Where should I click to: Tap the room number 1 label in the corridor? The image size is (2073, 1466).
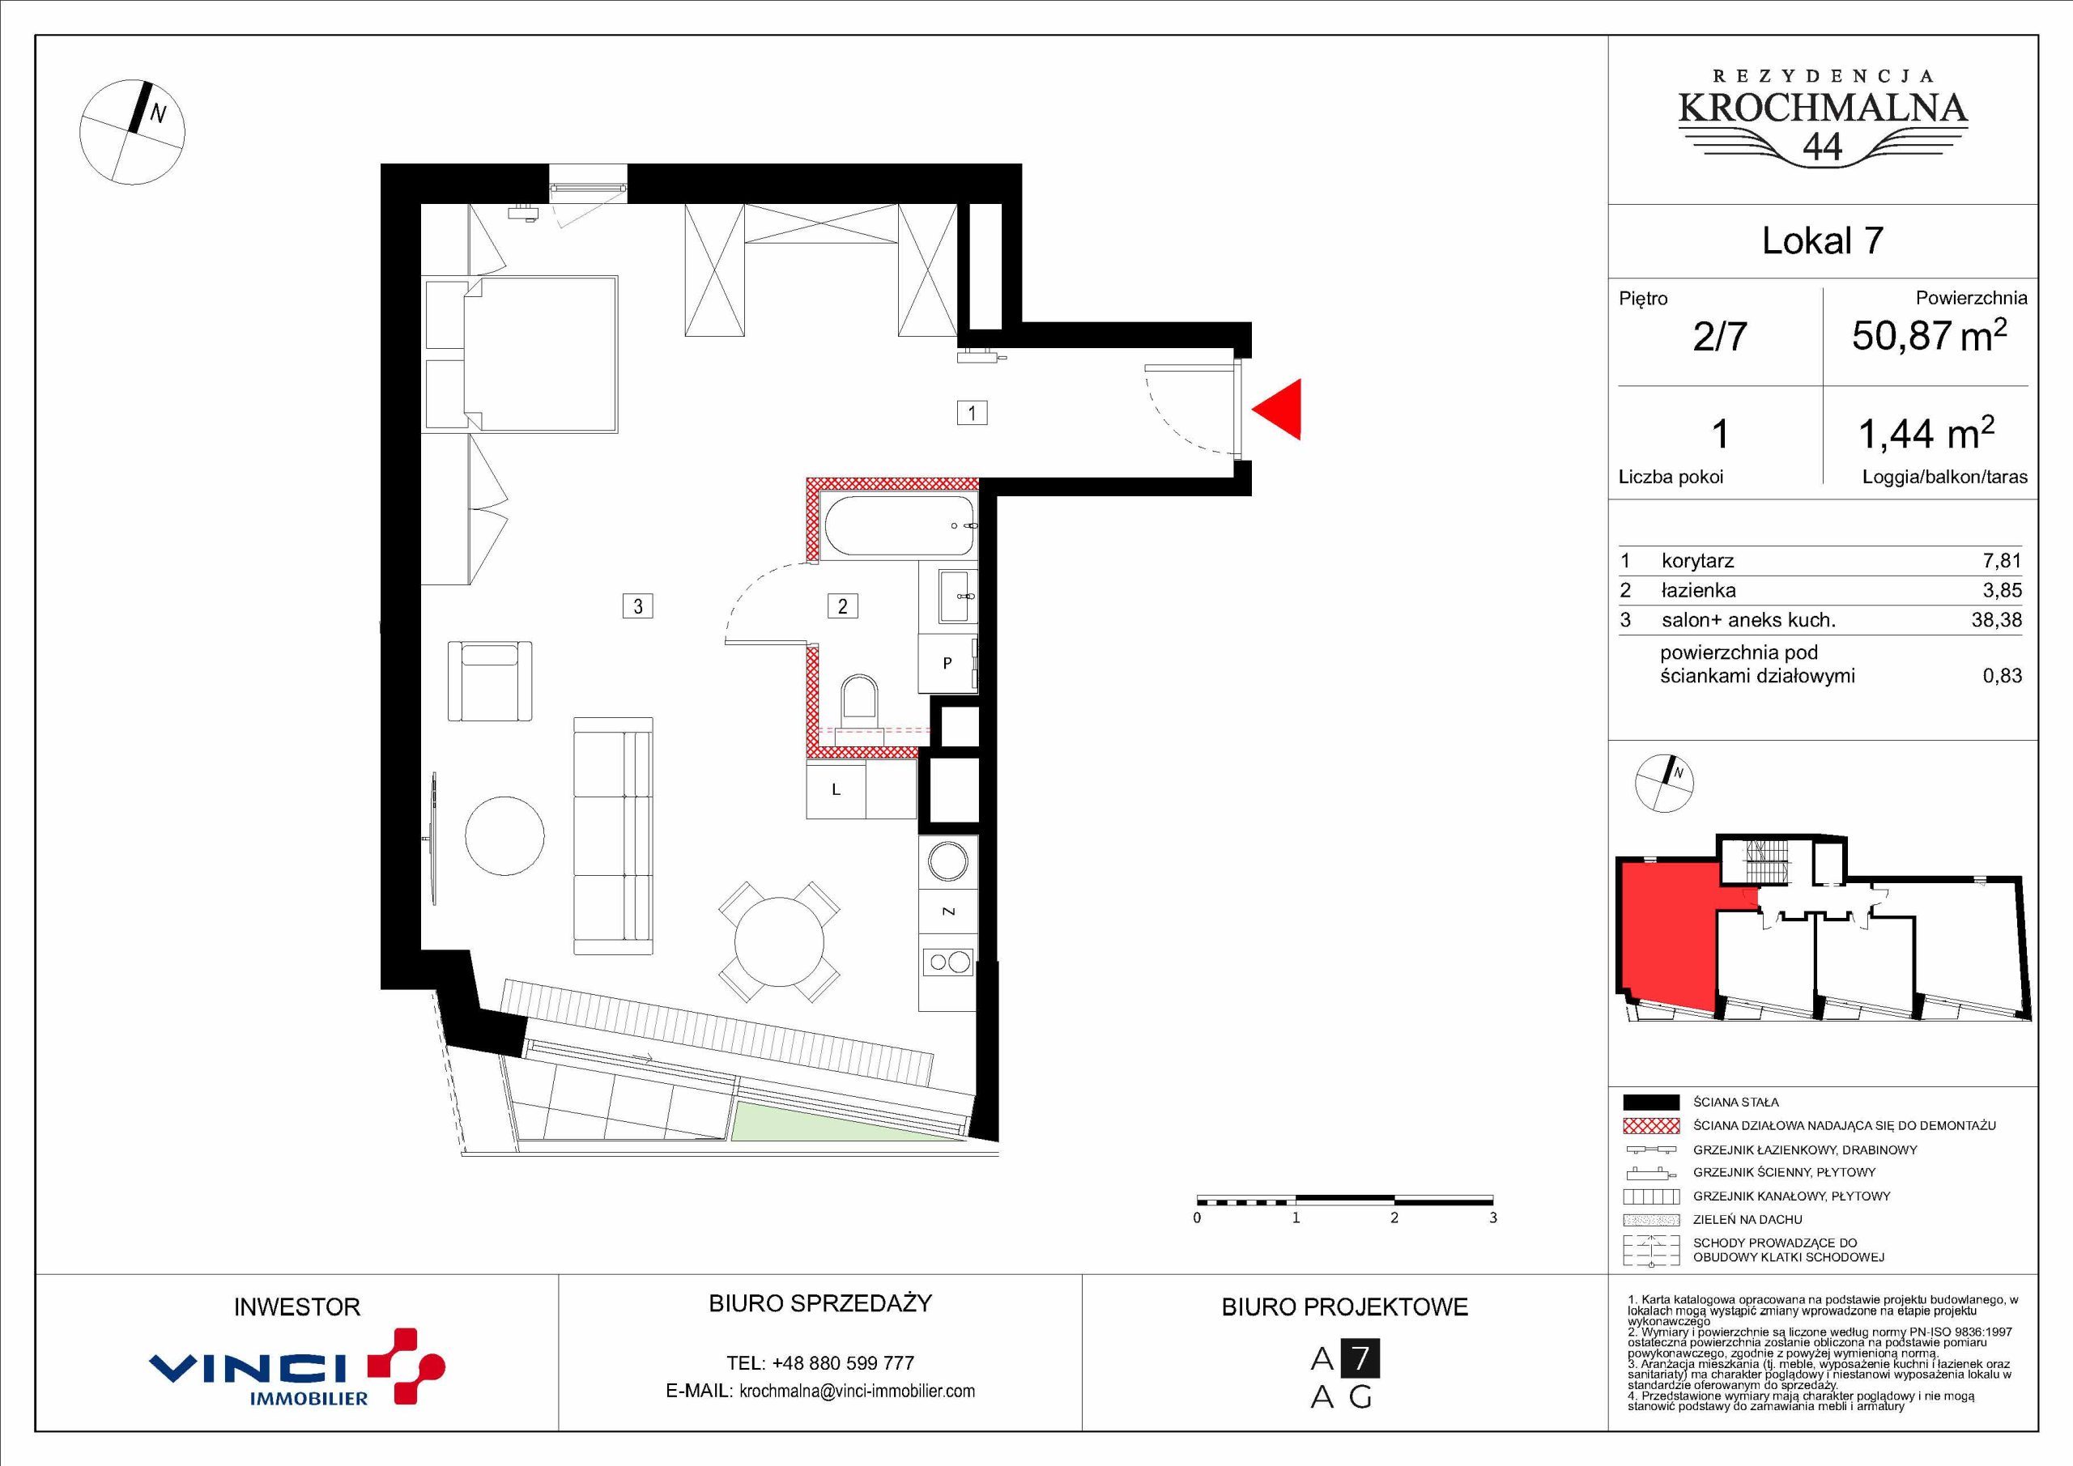[972, 414]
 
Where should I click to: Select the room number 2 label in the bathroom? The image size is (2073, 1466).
[842, 606]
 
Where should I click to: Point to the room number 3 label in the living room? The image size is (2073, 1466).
[637, 606]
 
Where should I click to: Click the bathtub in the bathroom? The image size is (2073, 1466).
[900, 525]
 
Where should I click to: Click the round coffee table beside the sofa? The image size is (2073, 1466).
[504, 834]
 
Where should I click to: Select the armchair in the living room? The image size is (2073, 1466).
[489, 681]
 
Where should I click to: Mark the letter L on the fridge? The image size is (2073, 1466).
[836, 790]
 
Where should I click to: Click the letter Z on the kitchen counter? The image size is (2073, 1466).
[948, 911]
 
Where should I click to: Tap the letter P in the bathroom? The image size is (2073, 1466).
[947, 664]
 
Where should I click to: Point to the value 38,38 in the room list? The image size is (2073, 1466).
[1996, 620]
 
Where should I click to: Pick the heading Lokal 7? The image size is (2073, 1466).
[1823, 240]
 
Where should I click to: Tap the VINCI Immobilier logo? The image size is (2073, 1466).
[296, 1366]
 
